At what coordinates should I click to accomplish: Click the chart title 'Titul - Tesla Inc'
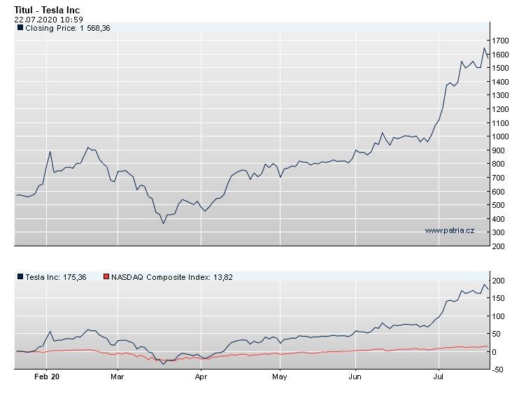pyautogui.click(x=47, y=9)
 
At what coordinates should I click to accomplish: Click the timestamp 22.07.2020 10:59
pyautogui.click(x=43, y=19)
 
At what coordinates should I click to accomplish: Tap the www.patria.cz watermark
pyautogui.click(x=449, y=230)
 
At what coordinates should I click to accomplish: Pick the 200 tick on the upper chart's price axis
pyautogui.click(x=497, y=246)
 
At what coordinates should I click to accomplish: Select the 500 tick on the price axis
pyautogui.click(x=497, y=205)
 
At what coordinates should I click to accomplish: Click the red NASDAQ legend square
pyautogui.click(x=106, y=277)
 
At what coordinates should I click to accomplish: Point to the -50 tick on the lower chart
pyautogui.click(x=497, y=370)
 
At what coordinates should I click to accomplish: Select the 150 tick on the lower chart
pyautogui.click(x=497, y=298)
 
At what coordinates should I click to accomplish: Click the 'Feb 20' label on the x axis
pyautogui.click(x=46, y=377)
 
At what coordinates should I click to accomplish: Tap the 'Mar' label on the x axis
pyautogui.click(x=118, y=377)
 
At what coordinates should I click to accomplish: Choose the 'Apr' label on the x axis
pyautogui.click(x=201, y=377)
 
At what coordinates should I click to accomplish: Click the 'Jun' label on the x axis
pyautogui.click(x=355, y=377)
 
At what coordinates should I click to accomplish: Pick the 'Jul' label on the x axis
pyautogui.click(x=438, y=377)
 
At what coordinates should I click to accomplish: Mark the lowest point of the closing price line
pyautogui.click(x=164, y=223)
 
